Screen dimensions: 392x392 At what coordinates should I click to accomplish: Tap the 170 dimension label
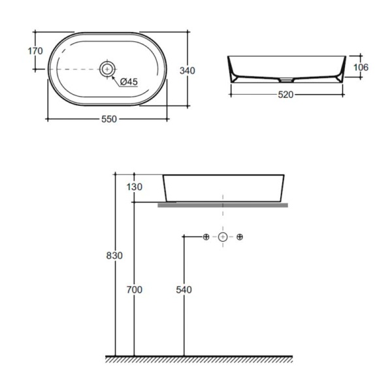click(36, 51)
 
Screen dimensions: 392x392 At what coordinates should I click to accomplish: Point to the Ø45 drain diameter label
click(129, 82)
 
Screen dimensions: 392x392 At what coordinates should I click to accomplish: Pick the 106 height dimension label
click(361, 67)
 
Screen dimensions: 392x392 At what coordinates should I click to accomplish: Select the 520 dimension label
click(285, 94)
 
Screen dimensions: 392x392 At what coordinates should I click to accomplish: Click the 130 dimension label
click(134, 187)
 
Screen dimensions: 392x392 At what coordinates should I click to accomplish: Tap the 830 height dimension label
click(114, 255)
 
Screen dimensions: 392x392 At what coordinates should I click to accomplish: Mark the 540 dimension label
click(184, 288)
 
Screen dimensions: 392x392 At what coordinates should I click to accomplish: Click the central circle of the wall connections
click(223, 236)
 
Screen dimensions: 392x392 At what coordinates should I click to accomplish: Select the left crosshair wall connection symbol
click(205, 236)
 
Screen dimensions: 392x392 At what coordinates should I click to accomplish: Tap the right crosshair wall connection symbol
click(240, 236)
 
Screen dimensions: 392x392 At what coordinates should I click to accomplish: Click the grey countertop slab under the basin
click(223, 204)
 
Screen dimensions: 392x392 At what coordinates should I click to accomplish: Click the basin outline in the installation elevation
click(223, 188)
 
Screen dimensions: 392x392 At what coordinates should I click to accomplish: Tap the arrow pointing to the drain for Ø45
click(116, 75)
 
